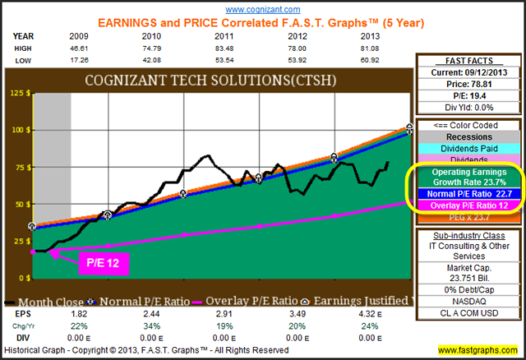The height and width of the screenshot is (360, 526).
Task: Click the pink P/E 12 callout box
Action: coord(99,264)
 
